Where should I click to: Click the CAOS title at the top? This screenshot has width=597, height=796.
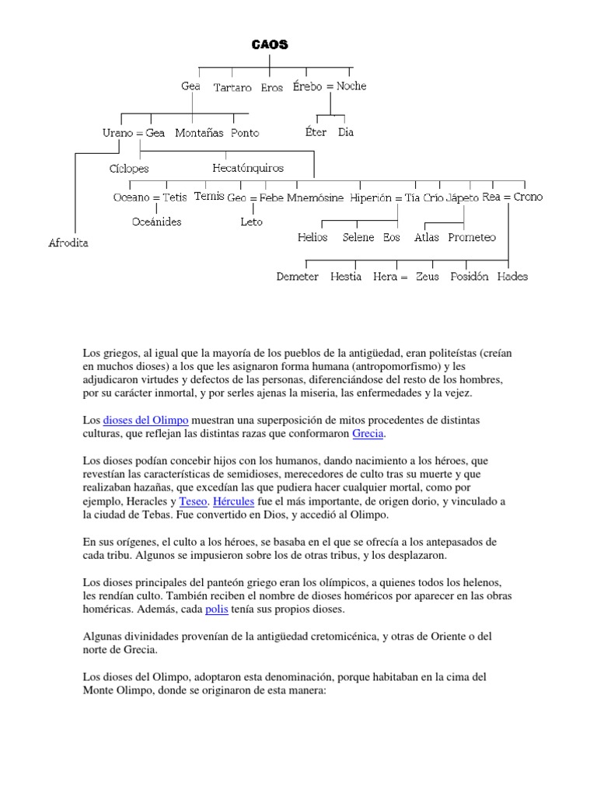(x=270, y=45)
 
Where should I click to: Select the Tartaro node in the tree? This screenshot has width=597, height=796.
(x=232, y=88)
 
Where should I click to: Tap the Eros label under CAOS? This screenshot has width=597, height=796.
(x=272, y=88)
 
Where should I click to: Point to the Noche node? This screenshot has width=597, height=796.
(x=351, y=86)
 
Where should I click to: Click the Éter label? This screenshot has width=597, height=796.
(x=316, y=132)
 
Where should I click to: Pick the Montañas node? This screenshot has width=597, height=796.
(x=199, y=133)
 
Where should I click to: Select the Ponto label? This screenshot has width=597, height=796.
(x=245, y=133)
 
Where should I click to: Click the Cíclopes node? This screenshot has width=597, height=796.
(x=129, y=168)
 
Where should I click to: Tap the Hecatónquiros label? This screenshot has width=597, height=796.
(x=248, y=167)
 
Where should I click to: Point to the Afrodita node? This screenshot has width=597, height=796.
(x=68, y=243)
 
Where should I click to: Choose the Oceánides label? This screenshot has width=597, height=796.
(x=157, y=222)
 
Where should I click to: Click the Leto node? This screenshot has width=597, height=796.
(x=251, y=222)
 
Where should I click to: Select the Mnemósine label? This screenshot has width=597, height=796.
(x=315, y=197)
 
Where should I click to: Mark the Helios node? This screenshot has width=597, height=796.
(x=312, y=237)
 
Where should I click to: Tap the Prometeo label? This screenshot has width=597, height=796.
(x=472, y=237)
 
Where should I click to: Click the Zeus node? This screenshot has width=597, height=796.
(x=427, y=276)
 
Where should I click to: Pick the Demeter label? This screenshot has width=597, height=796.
(x=298, y=276)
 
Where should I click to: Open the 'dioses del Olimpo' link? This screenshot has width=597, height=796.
(x=146, y=420)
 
